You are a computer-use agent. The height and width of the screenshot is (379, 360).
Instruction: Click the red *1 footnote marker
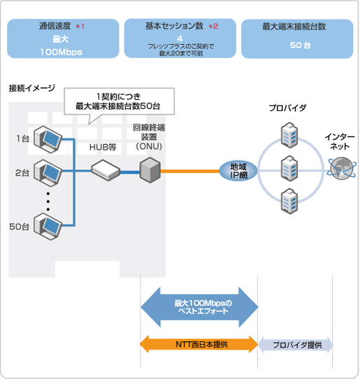pyautogui.click(x=80, y=26)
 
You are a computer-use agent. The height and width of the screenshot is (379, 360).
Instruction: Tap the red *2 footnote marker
pyautogui.click(x=213, y=26)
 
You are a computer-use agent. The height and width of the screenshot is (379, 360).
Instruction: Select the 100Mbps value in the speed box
pyautogui.click(x=61, y=52)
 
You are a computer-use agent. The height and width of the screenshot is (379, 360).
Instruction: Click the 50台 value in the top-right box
pyautogui.click(x=300, y=45)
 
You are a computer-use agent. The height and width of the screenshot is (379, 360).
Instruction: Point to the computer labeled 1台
pyautogui.click(x=48, y=139)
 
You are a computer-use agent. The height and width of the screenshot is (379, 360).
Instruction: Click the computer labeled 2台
pyautogui.click(x=48, y=173)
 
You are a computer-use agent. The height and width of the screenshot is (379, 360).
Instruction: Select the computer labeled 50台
pyautogui.click(x=48, y=227)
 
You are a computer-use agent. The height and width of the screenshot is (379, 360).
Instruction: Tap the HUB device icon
pyautogui.click(x=106, y=170)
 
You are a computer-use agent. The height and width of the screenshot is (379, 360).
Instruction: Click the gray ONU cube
pyautogui.click(x=150, y=170)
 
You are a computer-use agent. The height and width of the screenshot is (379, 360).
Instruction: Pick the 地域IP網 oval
pyautogui.click(x=238, y=171)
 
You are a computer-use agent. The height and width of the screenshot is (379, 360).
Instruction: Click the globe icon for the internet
pyautogui.click(x=342, y=169)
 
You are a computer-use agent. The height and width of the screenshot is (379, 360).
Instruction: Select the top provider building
pyautogui.click(x=289, y=135)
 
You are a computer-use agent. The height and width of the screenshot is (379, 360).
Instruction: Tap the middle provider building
pyautogui.click(x=289, y=169)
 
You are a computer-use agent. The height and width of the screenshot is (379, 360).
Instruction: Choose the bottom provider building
pyautogui.click(x=289, y=201)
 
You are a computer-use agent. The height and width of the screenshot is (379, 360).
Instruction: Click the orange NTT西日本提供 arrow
pyautogui.click(x=199, y=345)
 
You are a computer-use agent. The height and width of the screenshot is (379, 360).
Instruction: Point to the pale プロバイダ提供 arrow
pyautogui.click(x=296, y=345)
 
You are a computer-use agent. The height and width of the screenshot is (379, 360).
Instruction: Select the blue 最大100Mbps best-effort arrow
pyautogui.click(x=199, y=307)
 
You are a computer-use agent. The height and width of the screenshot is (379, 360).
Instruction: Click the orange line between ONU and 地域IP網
pyautogui.click(x=190, y=171)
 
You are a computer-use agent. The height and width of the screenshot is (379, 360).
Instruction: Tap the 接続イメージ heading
pyautogui.click(x=32, y=88)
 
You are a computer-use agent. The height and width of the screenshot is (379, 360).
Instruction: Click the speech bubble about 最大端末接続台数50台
pyautogui.click(x=119, y=101)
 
